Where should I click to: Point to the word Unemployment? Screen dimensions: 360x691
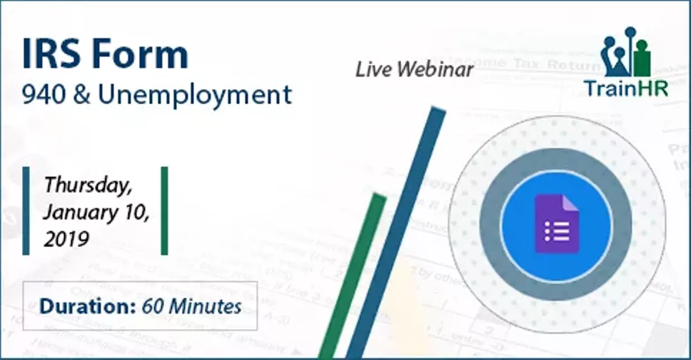click(x=195, y=96)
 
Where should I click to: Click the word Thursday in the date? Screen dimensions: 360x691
click(x=88, y=185)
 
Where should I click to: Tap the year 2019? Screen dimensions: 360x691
click(x=66, y=238)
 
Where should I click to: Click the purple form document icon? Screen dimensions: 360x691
click(x=556, y=225)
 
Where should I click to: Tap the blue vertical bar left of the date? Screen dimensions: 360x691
click(x=26, y=211)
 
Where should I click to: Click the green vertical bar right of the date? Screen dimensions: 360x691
click(x=164, y=211)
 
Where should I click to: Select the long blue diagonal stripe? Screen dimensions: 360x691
click(x=397, y=230)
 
